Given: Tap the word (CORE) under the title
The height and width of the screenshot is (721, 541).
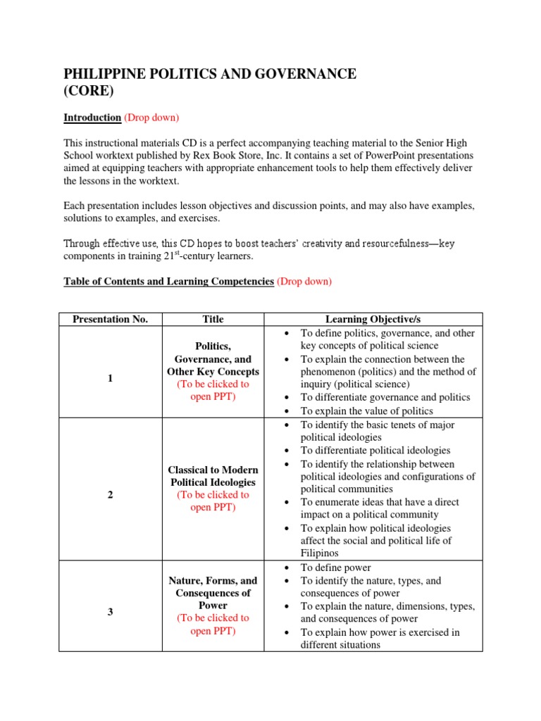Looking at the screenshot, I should coord(89,92).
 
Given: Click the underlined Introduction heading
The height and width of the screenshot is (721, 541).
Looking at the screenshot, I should coord(92,118).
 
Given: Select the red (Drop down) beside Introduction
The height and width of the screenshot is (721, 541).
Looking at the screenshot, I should coord(151,118).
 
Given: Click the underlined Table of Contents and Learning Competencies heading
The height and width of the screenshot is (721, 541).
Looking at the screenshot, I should coord(168,281).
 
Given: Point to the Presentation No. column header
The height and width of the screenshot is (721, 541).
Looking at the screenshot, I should coord(110,319).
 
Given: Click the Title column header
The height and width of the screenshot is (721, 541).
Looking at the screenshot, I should coord(213,319).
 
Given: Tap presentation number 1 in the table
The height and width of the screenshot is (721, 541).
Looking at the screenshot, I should coord(110,378).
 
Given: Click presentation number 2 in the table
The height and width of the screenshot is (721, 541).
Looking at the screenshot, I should coord(110,494).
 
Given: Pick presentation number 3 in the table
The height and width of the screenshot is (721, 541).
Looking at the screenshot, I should coord(110,611).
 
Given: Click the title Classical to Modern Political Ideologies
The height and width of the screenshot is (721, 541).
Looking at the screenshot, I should coord(213,476).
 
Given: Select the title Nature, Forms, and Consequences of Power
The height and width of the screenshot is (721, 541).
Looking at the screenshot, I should coord(213,592).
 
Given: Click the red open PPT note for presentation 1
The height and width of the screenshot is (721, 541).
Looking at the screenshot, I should coord(213,390).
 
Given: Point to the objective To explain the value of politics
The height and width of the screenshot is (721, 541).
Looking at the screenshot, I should coord(366,410).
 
